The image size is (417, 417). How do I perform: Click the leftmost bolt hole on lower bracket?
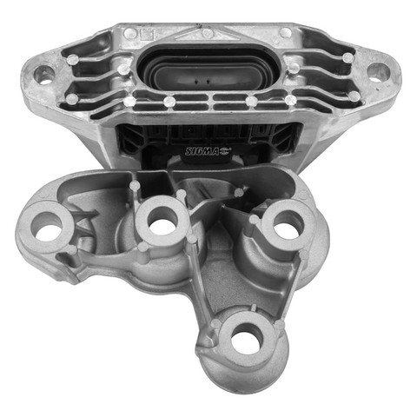[x=46, y=228]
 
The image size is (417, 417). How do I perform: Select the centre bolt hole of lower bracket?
[x=162, y=222]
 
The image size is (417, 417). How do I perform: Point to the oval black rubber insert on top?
[x=208, y=69]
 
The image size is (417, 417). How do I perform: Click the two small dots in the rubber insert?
[x=202, y=82]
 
